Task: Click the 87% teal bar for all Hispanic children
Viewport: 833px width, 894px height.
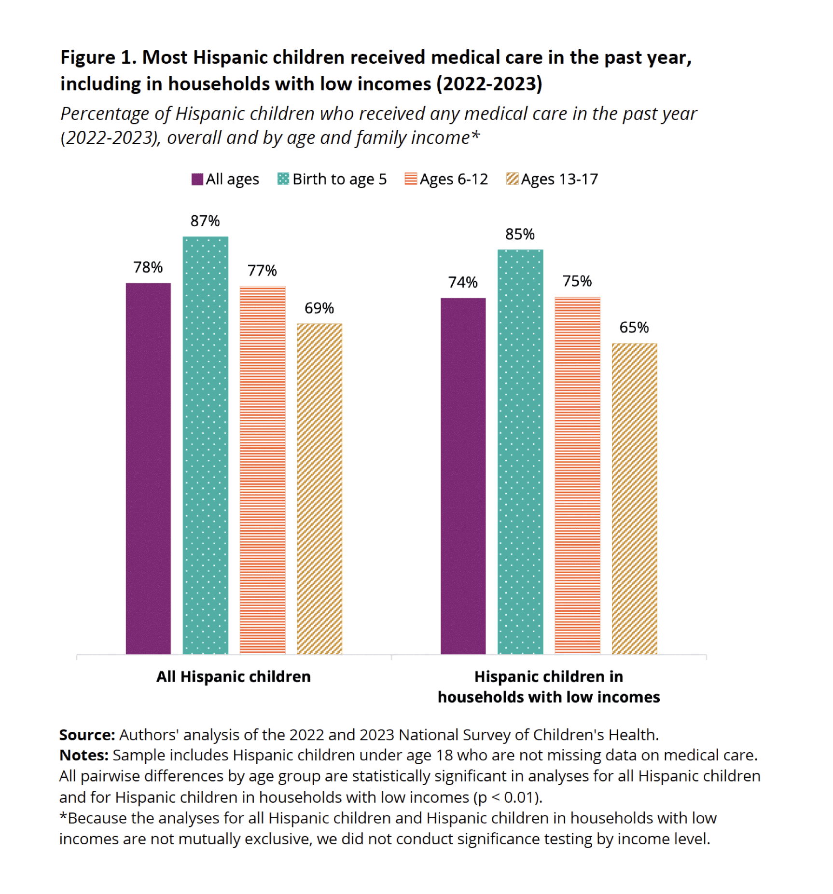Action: click(x=205, y=444)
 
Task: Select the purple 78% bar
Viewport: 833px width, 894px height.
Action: click(x=148, y=468)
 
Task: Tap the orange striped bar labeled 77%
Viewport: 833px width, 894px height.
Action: click(x=263, y=470)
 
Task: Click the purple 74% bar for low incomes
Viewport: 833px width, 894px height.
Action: click(x=463, y=476)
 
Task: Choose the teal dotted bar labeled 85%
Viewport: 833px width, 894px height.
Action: click(x=520, y=451)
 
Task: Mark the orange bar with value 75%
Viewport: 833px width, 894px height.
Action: click(x=577, y=475)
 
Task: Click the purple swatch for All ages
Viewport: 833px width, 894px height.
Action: click(x=197, y=179)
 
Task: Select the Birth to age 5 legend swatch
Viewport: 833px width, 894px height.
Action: click(x=283, y=179)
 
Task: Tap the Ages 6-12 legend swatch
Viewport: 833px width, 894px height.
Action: click(x=411, y=179)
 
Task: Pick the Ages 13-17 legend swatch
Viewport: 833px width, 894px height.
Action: click(x=512, y=179)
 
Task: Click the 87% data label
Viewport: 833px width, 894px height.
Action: click(x=205, y=221)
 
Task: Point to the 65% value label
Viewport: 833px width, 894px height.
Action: click(x=634, y=328)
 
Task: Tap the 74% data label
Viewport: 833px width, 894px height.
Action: click(x=463, y=282)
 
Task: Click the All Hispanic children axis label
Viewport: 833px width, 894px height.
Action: click(x=234, y=676)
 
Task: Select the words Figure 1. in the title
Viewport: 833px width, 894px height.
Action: click(x=99, y=57)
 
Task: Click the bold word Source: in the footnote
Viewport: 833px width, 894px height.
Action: click(x=87, y=734)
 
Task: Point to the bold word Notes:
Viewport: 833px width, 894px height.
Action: click(x=84, y=755)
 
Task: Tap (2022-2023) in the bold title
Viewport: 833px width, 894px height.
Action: click(x=489, y=84)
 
